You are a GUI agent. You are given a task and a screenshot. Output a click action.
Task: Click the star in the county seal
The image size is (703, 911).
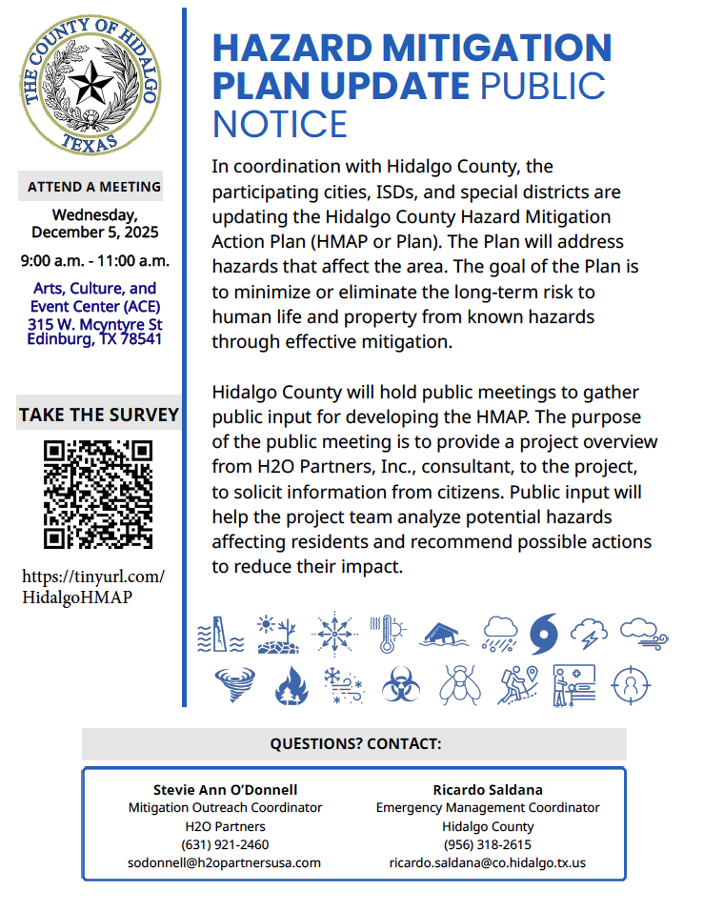tap(92, 84)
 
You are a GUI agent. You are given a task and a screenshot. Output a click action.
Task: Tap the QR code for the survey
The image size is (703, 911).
tap(99, 493)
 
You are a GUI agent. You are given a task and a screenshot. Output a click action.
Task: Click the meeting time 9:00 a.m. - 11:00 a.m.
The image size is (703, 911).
tap(95, 260)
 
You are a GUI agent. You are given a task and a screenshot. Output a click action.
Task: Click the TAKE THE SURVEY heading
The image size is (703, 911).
tap(99, 415)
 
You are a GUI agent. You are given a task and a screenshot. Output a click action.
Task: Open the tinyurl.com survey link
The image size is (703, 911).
tap(93, 587)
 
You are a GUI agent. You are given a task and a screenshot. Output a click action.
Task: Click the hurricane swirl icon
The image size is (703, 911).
tap(544, 633)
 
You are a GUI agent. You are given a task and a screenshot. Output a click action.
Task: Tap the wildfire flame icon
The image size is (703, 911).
tap(287, 685)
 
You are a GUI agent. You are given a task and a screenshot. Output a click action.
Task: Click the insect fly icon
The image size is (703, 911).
tap(459, 684)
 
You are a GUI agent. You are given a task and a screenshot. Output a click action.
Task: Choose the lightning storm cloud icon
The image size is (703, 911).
tap(589, 633)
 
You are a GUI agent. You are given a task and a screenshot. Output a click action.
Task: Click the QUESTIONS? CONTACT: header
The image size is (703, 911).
tap(355, 743)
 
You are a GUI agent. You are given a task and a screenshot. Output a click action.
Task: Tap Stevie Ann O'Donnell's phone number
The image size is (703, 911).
tap(225, 844)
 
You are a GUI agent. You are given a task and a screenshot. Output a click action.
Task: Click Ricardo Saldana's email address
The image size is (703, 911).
tap(488, 862)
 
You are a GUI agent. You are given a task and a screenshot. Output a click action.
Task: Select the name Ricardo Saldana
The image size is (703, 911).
tap(488, 789)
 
